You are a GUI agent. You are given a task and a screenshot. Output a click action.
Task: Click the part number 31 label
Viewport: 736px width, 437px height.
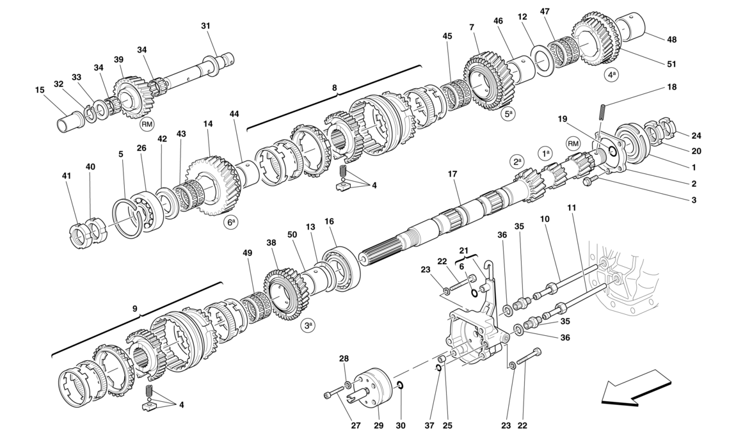tap(205, 26)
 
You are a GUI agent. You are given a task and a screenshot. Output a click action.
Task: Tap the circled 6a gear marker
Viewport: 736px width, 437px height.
tap(230, 223)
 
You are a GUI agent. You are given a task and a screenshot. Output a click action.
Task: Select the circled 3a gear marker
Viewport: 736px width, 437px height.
tap(308, 325)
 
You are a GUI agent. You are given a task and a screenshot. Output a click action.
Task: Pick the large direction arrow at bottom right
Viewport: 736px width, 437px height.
tap(636, 388)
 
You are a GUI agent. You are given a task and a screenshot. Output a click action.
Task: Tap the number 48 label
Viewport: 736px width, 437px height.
tap(671, 40)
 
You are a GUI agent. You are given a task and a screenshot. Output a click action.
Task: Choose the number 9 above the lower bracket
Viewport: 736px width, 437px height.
tap(135, 309)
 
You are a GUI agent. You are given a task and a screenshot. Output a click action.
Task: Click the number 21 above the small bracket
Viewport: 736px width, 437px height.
tap(464, 250)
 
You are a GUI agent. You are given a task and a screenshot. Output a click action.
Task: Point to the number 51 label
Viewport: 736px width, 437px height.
tap(671, 64)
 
